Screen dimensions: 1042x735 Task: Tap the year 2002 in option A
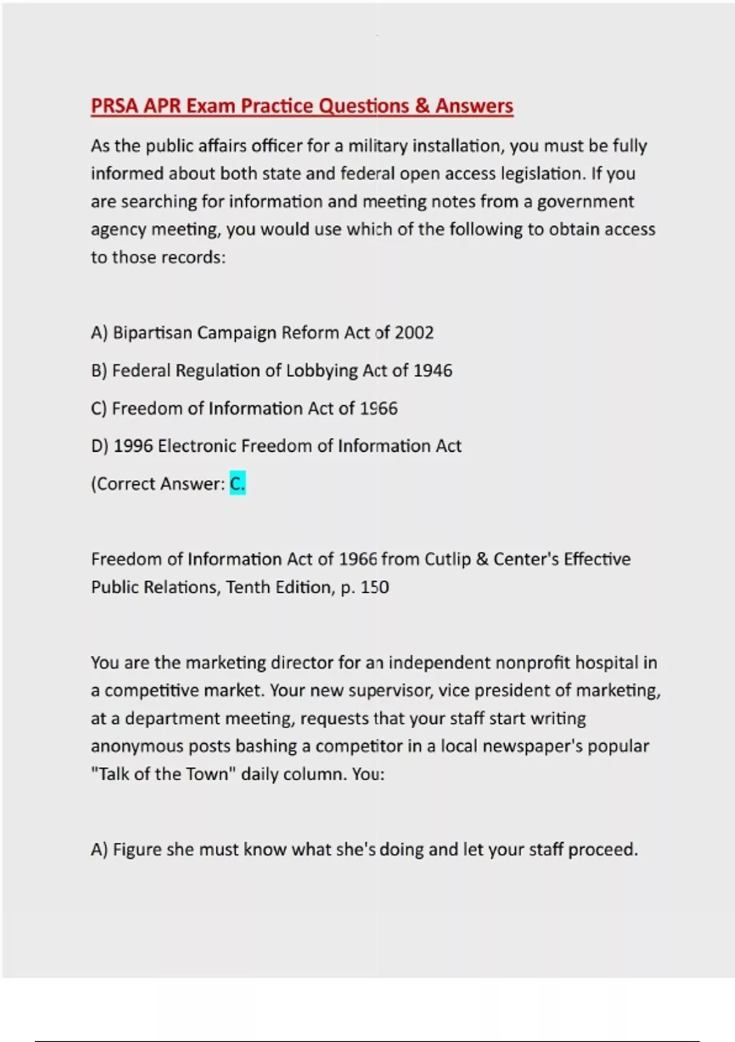click(x=414, y=333)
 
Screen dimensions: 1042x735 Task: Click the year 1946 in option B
click(x=433, y=371)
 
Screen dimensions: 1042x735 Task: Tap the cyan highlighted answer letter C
click(x=238, y=484)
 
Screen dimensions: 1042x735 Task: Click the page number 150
click(x=374, y=587)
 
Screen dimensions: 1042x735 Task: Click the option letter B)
click(x=99, y=371)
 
